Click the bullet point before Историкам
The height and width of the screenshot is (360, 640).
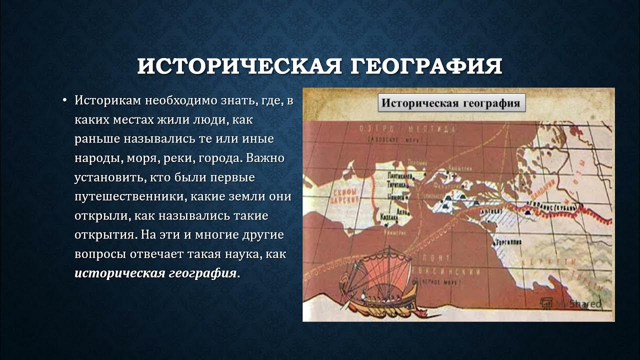[64, 100]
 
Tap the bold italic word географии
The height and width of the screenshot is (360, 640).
[204, 273]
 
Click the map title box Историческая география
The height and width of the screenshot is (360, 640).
[450, 104]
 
